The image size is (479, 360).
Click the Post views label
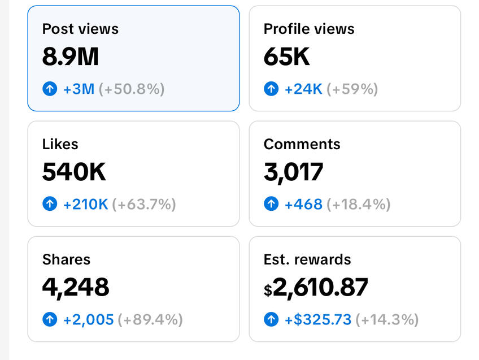click(x=80, y=29)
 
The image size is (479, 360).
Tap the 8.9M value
click(x=70, y=57)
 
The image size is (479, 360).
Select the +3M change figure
click(x=79, y=89)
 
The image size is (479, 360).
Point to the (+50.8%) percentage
click(x=132, y=89)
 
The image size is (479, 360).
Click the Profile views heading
click(x=309, y=29)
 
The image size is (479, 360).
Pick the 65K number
click(x=287, y=57)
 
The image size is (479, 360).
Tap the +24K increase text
click(x=303, y=89)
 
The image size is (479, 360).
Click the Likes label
click(x=60, y=144)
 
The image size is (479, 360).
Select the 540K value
click(x=74, y=172)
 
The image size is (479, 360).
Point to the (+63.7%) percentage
click(x=144, y=204)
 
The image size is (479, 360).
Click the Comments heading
click(x=302, y=144)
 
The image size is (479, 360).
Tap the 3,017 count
click(x=293, y=172)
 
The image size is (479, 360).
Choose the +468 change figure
click(x=303, y=204)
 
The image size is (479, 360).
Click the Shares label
click(x=66, y=259)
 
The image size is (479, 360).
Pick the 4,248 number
click(x=76, y=287)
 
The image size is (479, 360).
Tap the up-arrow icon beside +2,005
click(x=50, y=319)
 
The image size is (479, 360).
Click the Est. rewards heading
click(x=307, y=259)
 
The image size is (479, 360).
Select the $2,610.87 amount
click(x=316, y=287)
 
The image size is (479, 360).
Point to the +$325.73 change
click(x=317, y=319)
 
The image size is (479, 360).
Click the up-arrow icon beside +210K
click(x=50, y=204)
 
